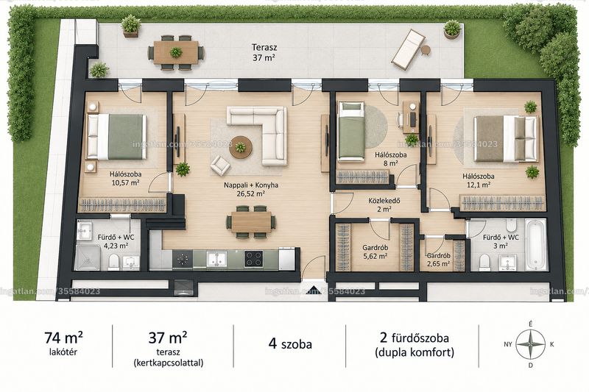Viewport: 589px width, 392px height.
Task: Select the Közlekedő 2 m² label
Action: tap(384, 204)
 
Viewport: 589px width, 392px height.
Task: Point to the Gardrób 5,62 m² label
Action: tap(375, 252)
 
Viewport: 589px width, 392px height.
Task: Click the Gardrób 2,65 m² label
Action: tap(438, 260)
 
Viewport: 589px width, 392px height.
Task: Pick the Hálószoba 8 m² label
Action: tap(391, 159)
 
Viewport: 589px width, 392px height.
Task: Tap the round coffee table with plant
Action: tap(241, 147)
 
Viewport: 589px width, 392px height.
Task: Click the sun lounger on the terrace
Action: tap(409, 49)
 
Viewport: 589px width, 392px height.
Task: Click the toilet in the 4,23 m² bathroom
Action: tap(113, 262)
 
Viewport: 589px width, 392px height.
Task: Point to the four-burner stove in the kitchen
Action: tap(253, 258)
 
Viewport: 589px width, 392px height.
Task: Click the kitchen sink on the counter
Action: tap(216, 259)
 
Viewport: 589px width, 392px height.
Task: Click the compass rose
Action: tap(530, 344)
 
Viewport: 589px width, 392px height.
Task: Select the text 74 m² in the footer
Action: tap(63, 338)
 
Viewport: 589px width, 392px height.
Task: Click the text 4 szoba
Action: tap(289, 343)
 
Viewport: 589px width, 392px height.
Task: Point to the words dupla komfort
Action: tap(415, 352)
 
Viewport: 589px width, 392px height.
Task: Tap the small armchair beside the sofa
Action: tap(220, 165)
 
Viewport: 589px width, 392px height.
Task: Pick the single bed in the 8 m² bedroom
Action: tap(351, 132)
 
